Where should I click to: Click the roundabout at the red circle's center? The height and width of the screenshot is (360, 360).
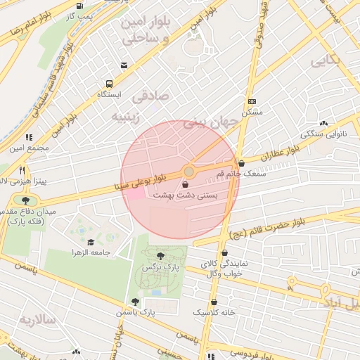click(188, 172)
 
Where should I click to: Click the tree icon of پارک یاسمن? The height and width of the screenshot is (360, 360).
click(135, 302)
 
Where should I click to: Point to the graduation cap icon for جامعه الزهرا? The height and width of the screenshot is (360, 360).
click(91, 242)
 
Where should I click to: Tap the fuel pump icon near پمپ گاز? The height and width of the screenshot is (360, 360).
click(76, 6)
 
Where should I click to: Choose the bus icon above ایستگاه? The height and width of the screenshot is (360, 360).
click(124, 65)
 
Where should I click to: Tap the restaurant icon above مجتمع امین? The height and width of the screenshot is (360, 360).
click(29, 138)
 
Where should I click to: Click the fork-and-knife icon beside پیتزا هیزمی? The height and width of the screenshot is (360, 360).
click(22, 170)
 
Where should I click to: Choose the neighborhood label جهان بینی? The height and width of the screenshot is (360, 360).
click(212, 124)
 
